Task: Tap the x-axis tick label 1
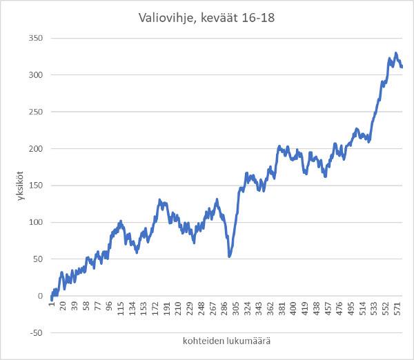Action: pyautogui.click(x=51, y=306)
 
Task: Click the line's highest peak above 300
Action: pyautogui.click(x=395, y=53)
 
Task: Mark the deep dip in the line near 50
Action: pyautogui.click(x=229, y=257)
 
